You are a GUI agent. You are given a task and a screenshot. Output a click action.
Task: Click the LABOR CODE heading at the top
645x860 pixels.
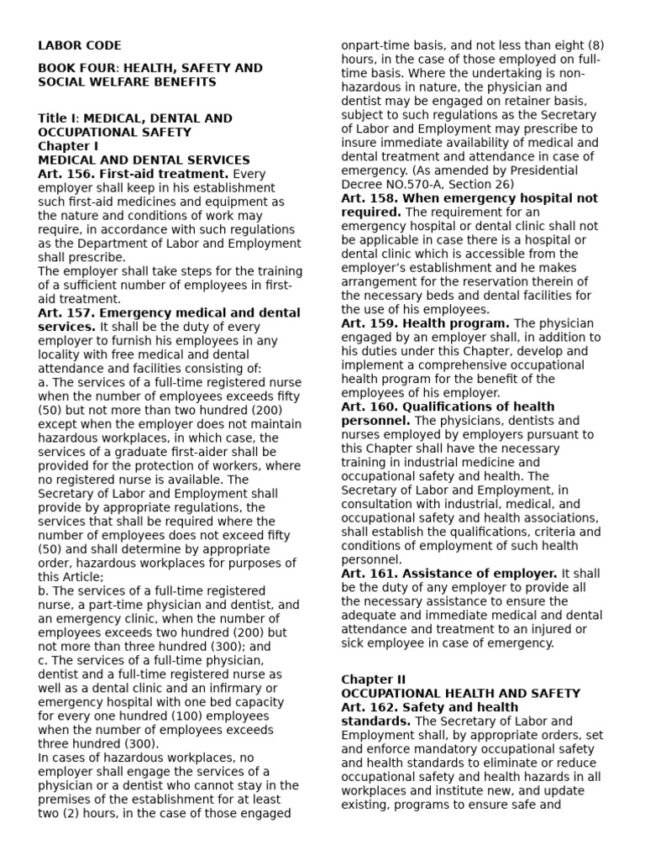(x=80, y=45)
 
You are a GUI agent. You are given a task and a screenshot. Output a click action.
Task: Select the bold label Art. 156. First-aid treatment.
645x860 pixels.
(x=134, y=174)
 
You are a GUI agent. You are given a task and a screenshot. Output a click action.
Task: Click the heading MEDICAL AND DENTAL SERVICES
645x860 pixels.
(x=144, y=160)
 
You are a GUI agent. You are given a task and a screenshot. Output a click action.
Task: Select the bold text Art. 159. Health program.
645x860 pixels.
(x=425, y=323)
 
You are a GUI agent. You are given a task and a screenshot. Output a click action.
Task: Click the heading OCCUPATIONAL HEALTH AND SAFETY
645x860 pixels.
(x=460, y=693)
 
